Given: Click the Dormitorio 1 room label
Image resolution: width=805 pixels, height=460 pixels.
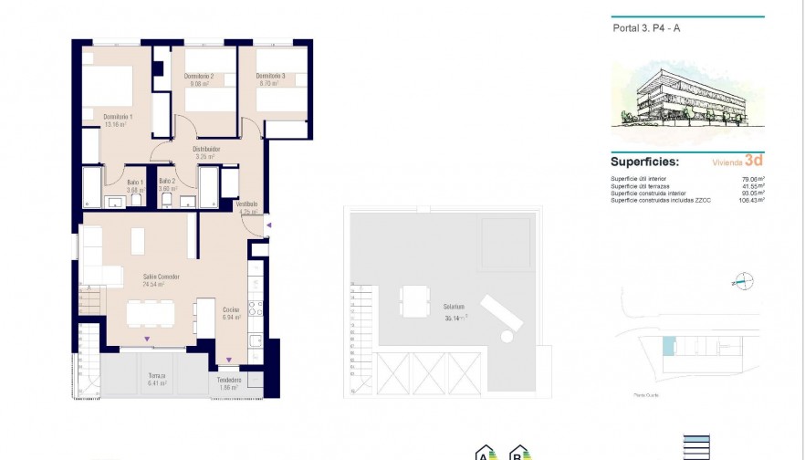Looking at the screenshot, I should (x=118, y=117).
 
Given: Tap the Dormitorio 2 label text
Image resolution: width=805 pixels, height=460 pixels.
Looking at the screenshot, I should (x=198, y=76).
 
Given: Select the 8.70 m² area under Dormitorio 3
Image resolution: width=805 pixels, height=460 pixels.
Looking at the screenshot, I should (x=267, y=84).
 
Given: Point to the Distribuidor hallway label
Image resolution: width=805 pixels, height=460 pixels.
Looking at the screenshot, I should (x=206, y=148).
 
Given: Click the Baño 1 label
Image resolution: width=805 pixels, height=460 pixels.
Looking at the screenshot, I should (x=134, y=182).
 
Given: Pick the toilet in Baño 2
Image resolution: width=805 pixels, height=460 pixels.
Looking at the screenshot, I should (x=186, y=201).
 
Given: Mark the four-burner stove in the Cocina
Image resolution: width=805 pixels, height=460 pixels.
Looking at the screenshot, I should (x=256, y=310).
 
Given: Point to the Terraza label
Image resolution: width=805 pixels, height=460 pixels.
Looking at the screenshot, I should (x=156, y=375).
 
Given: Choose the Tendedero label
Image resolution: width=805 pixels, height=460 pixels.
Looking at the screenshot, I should (x=229, y=380).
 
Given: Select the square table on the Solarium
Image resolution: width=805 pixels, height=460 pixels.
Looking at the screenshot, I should (x=415, y=299).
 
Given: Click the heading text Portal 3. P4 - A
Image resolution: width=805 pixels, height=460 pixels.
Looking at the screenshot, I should (x=645, y=28).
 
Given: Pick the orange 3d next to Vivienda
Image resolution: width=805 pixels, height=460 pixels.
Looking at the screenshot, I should (x=753, y=160).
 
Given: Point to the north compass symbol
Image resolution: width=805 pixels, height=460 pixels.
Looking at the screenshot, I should (x=746, y=282).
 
